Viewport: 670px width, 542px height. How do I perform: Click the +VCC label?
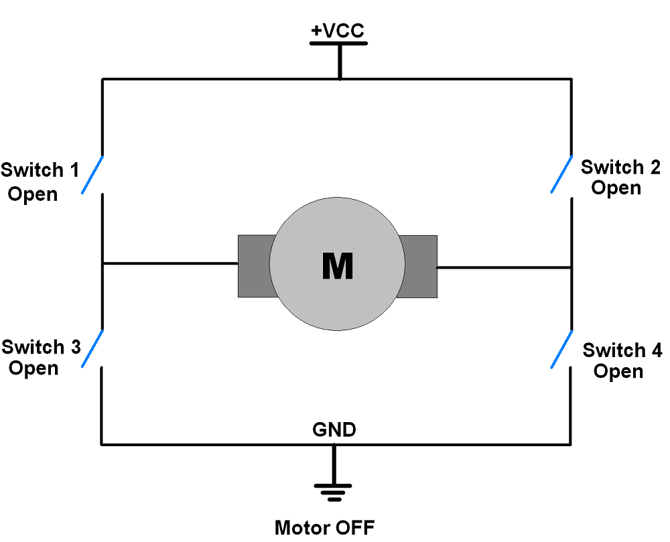pyautogui.click(x=338, y=31)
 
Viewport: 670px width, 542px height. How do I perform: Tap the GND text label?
pyautogui.click(x=334, y=429)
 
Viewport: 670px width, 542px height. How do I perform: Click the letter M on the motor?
pyautogui.click(x=337, y=266)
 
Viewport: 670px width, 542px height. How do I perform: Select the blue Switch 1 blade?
pyautogui.click(x=92, y=175)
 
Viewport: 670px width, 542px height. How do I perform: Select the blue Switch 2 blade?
pyautogui.click(x=561, y=174)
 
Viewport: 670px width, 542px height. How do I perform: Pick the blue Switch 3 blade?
pyautogui.click(x=92, y=348)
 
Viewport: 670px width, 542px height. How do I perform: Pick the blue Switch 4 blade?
pyautogui.click(x=561, y=349)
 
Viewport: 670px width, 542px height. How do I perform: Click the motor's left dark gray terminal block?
pyautogui.click(x=253, y=266)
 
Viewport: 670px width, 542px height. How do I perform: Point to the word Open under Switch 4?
pyautogui.click(x=618, y=370)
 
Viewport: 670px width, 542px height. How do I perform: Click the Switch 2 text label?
pyautogui.click(x=620, y=167)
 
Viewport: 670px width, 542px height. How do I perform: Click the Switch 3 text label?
pyautogui.click(x=41, y=347)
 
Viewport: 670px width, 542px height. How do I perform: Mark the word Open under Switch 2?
pyautogui.click(x=616, y=188)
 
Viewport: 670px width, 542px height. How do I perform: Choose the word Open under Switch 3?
pyautogui.click(x=33, y=368)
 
